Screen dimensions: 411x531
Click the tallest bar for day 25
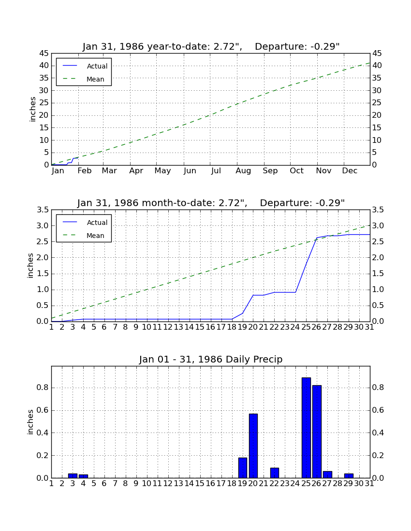306,428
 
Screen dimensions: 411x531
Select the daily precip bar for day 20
253,446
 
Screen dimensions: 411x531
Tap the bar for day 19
243,468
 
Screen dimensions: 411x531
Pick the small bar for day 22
275,473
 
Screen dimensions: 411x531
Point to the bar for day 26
317,432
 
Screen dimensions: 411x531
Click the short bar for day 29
349,476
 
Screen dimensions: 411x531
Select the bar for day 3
73,476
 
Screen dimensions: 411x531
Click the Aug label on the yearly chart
244,171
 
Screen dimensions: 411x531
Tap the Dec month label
350,171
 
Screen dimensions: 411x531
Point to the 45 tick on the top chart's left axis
44,54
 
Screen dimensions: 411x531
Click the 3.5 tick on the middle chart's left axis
43,210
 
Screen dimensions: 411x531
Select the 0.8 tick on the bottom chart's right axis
378,388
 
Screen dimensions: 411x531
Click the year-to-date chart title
211,46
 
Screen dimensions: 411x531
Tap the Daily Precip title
211,359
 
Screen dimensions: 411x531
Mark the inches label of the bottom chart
30,422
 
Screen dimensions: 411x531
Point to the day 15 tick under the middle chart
200,327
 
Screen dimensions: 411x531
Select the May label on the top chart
163,171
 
